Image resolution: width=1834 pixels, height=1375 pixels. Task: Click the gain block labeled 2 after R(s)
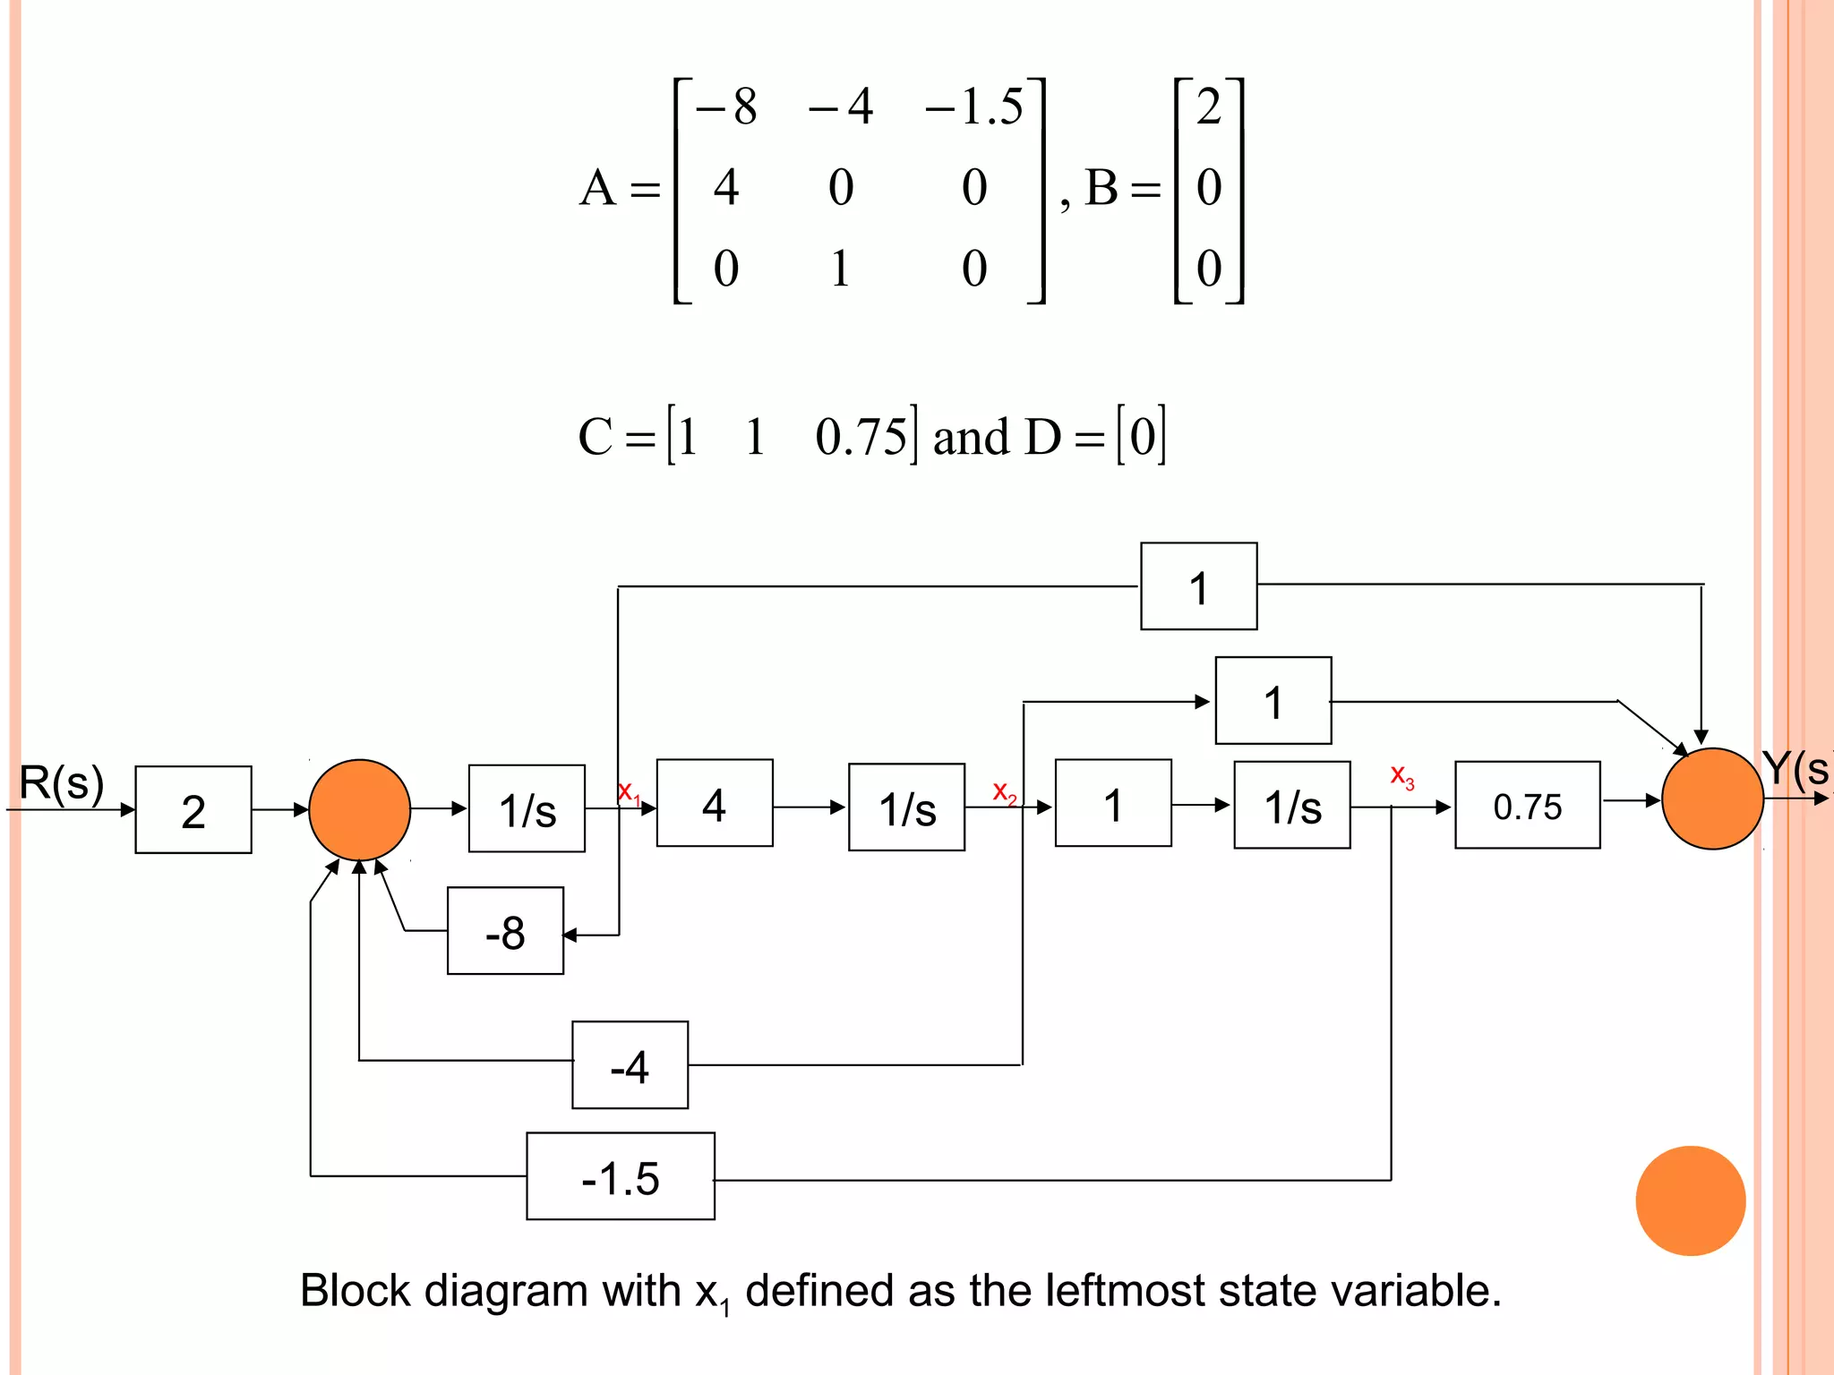(193, 809)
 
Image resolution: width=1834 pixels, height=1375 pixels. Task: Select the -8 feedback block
(505, 931)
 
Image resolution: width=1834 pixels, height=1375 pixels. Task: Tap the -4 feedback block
(630, 1064)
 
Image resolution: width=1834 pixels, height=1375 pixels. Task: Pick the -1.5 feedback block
(620, 1176)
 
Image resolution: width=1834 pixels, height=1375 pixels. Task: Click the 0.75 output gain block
(1527, 805)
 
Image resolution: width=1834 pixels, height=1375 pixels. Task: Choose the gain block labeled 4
(714, 803)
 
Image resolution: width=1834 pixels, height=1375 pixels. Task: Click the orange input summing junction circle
(359, 809)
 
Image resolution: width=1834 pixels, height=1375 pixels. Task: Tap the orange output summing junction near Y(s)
(1711, 799)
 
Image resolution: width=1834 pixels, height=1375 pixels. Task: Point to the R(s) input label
(61, 782)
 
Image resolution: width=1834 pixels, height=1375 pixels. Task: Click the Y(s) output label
(1795, 768)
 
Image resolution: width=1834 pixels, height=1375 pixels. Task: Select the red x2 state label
(1004, 791)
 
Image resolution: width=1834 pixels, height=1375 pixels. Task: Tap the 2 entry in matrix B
(1208, 107)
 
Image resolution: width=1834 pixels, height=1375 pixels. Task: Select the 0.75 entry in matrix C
(860, 437)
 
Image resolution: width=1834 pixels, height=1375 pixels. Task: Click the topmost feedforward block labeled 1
(1198, 586)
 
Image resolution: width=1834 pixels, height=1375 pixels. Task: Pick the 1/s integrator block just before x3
(1291, 805)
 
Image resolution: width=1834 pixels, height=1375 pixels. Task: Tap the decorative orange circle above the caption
(1690, 1200)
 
